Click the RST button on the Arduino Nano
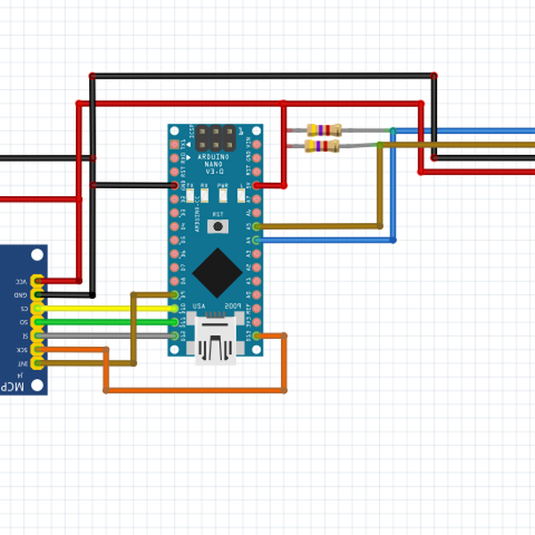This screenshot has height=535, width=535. click(x=216, y=226)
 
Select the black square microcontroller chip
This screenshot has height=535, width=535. click(x=215, y=273)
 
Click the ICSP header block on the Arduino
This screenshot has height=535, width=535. click(x=216, y=138)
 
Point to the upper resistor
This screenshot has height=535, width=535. click(x=323, y=130)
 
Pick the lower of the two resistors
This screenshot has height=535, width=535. click(x=323, y=145)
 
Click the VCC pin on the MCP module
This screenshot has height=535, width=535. click(x=37, y=281)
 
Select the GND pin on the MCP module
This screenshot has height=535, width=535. click(x=37, y=294)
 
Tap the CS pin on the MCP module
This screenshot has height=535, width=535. click(x=37, y=309)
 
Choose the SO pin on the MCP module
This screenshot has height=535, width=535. click(x=37, y=322)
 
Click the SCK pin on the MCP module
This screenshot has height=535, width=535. click(x=37, y=350)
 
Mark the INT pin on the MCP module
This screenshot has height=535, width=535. click(x=37, y=363)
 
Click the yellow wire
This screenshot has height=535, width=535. click(x=107, y=309)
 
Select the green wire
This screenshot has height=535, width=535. click(x=107, y=322)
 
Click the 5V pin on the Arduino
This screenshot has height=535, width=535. click(x=257, y=185)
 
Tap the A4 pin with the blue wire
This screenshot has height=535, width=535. click(x=257, y=240)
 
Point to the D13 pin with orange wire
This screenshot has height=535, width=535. click(x=257, y=335)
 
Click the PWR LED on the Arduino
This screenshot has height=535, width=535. click(x=223, y=193)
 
